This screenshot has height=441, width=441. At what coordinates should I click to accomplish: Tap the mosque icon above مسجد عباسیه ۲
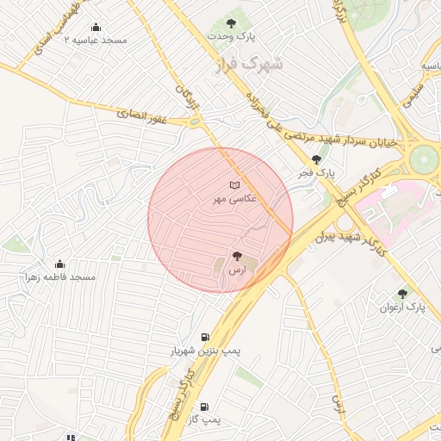(96, 27)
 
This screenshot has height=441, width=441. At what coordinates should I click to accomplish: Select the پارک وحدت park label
(233, 37)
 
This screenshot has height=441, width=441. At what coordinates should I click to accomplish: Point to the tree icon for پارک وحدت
(232, 23)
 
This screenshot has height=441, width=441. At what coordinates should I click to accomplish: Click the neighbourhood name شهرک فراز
(263, 65)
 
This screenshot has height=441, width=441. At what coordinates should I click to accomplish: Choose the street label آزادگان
(187, 96)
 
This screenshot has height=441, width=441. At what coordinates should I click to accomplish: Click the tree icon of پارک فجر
(316, 159)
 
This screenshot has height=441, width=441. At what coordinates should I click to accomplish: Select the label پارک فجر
(316, 173)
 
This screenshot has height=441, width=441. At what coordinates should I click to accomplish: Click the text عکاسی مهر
(228, 199)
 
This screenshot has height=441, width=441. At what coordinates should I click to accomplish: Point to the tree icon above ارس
(237, 255)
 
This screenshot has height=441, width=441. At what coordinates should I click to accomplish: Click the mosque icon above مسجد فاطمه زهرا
(59, 264)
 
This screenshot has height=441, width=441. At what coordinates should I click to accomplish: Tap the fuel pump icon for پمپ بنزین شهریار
(204, 337)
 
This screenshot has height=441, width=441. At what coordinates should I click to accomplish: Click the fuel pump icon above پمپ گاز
(204, 407)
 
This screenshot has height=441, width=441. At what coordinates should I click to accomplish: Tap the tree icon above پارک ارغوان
(402, 294)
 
